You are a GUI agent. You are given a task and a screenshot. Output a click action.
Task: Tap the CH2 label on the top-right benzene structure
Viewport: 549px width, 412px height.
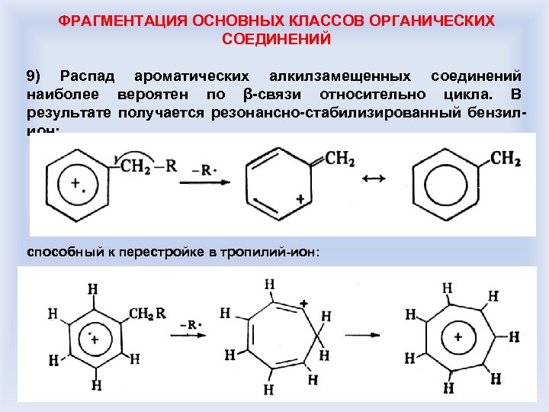tap(506, 158)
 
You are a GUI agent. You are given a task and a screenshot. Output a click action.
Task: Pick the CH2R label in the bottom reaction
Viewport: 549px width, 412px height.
tap(148, 313)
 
